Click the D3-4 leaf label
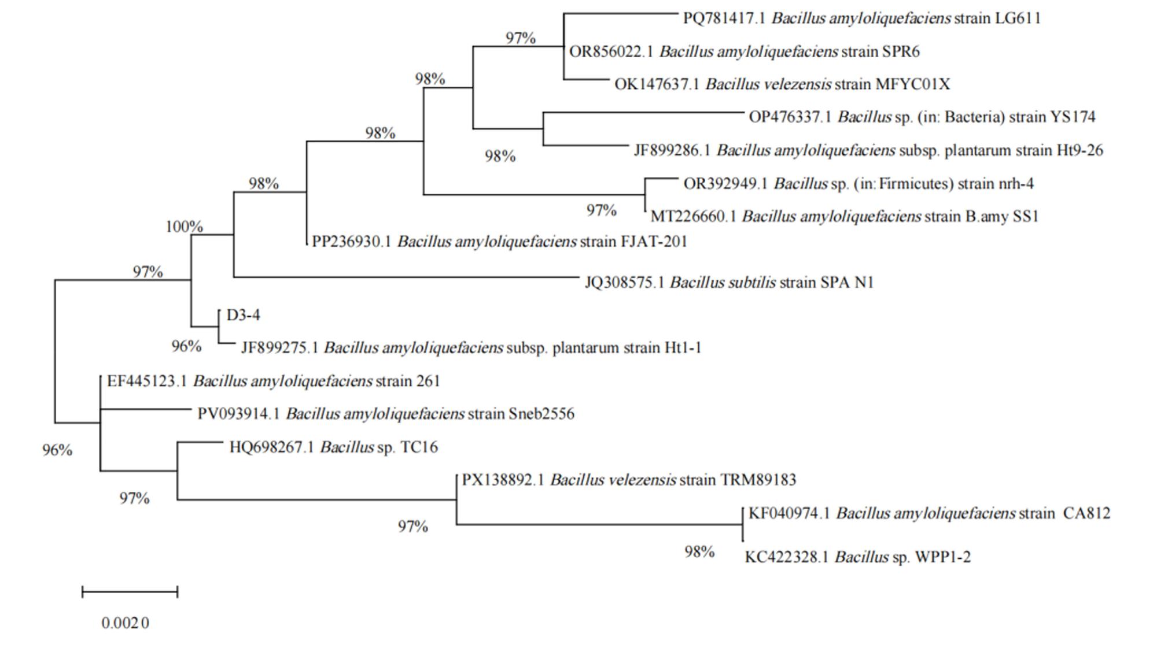pyautogui.click(x=243, y=315)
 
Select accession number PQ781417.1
pyautogui.click(x=724, y=18)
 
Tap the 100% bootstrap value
pyautogui.click(x=184, y=227)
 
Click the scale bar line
pyautogui.click(x=130, y=591)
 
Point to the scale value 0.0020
pyautogui.click(x=126, y=623)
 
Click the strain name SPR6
pyautogui.click(x=901, y=51)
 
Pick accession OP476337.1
pyautogui.click(x=790, y=117)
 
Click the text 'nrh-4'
pyautogui.click(x=1016, y=184)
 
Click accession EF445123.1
pyautogui.click(x=147, y=381)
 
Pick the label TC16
pyautogui.click(x=419, y=447)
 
